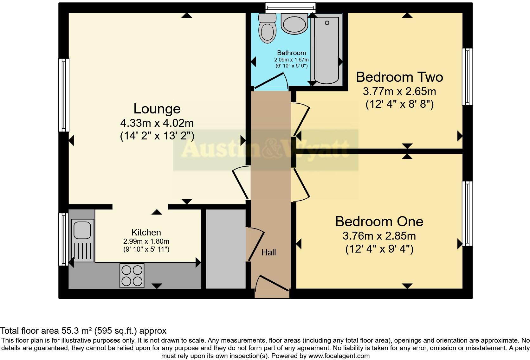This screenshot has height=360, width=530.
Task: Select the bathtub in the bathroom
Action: [327, 49]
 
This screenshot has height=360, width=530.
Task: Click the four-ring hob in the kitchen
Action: [132, 275]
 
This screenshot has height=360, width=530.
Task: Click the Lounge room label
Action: [157, 109]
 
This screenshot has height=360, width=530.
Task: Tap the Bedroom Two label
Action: [399, 77]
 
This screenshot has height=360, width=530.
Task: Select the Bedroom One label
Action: [379, 221]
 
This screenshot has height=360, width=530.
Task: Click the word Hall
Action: [268, 253]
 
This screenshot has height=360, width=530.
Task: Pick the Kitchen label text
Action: [146, 232]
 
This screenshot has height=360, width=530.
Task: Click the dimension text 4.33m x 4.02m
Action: [157, 123]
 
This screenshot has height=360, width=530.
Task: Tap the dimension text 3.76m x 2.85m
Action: [379, 236]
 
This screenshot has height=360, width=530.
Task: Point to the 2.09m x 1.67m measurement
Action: [291, 60]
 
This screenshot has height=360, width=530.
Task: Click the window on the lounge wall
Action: [64, 95]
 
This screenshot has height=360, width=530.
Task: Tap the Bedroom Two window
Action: [467, 76]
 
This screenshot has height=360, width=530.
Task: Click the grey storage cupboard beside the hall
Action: [226, 249]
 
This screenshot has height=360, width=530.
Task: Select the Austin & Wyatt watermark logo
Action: [265, 150]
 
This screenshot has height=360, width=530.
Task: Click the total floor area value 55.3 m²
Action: [76, 331]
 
